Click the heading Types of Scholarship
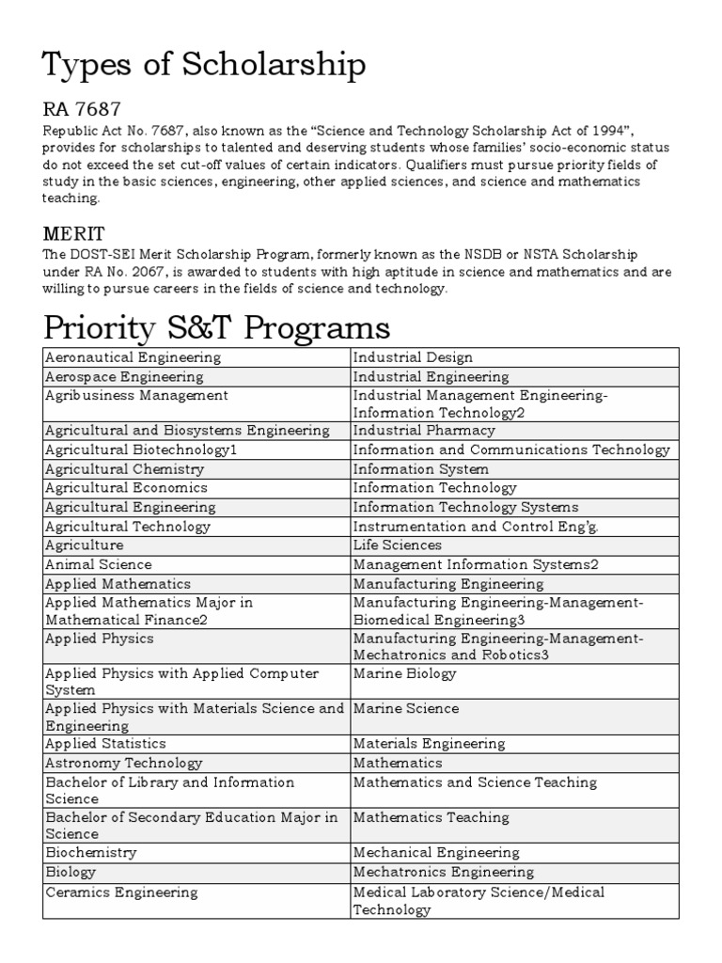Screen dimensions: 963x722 click(204, 67)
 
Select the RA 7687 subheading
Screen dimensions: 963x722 click(82, 111)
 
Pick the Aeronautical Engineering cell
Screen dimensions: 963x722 click(133, 357)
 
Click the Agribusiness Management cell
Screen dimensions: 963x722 click(137, 396)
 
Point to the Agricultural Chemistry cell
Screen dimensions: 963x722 click(124, 468)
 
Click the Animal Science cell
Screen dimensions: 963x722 click(99, 564)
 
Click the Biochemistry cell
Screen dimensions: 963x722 click(91, 852)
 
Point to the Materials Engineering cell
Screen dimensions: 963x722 click(430, 743)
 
